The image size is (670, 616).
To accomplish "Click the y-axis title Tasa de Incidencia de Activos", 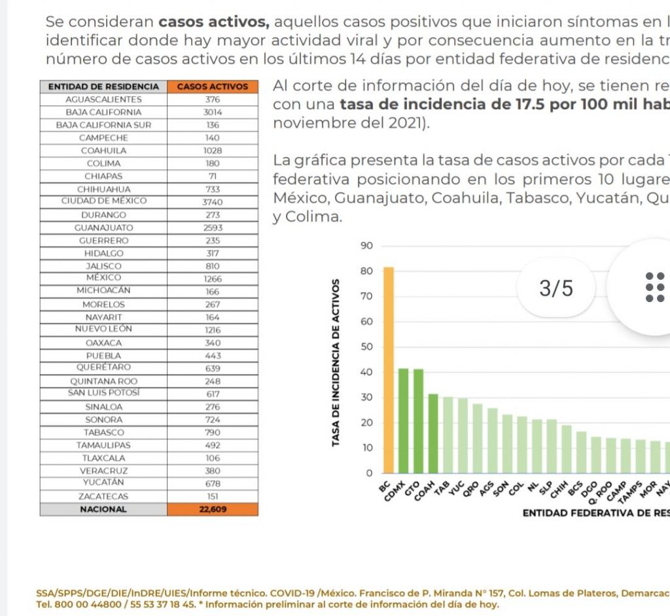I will pos(336,364).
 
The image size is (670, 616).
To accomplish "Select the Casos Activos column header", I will pos(213,86).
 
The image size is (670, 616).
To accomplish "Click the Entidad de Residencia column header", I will pos(104,86).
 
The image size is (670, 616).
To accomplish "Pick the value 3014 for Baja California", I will pos(213,112).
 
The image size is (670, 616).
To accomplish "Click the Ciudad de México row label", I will pos(104,201).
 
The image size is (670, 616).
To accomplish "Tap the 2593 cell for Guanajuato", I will pos(213,228).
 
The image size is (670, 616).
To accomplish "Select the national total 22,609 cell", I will pos(213,509).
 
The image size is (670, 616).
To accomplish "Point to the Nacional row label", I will pos(104,509).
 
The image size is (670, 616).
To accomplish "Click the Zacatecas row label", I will pos(104,496).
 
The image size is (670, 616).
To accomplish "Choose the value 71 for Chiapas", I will pos(213,177).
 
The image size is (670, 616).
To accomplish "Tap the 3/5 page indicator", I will pos(556,288).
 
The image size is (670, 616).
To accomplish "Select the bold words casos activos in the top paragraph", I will pos(213,22).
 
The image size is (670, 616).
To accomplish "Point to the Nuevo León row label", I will pos(104,330).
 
